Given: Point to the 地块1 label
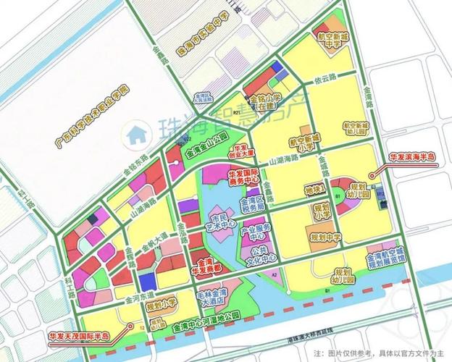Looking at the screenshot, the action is point(314,190).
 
